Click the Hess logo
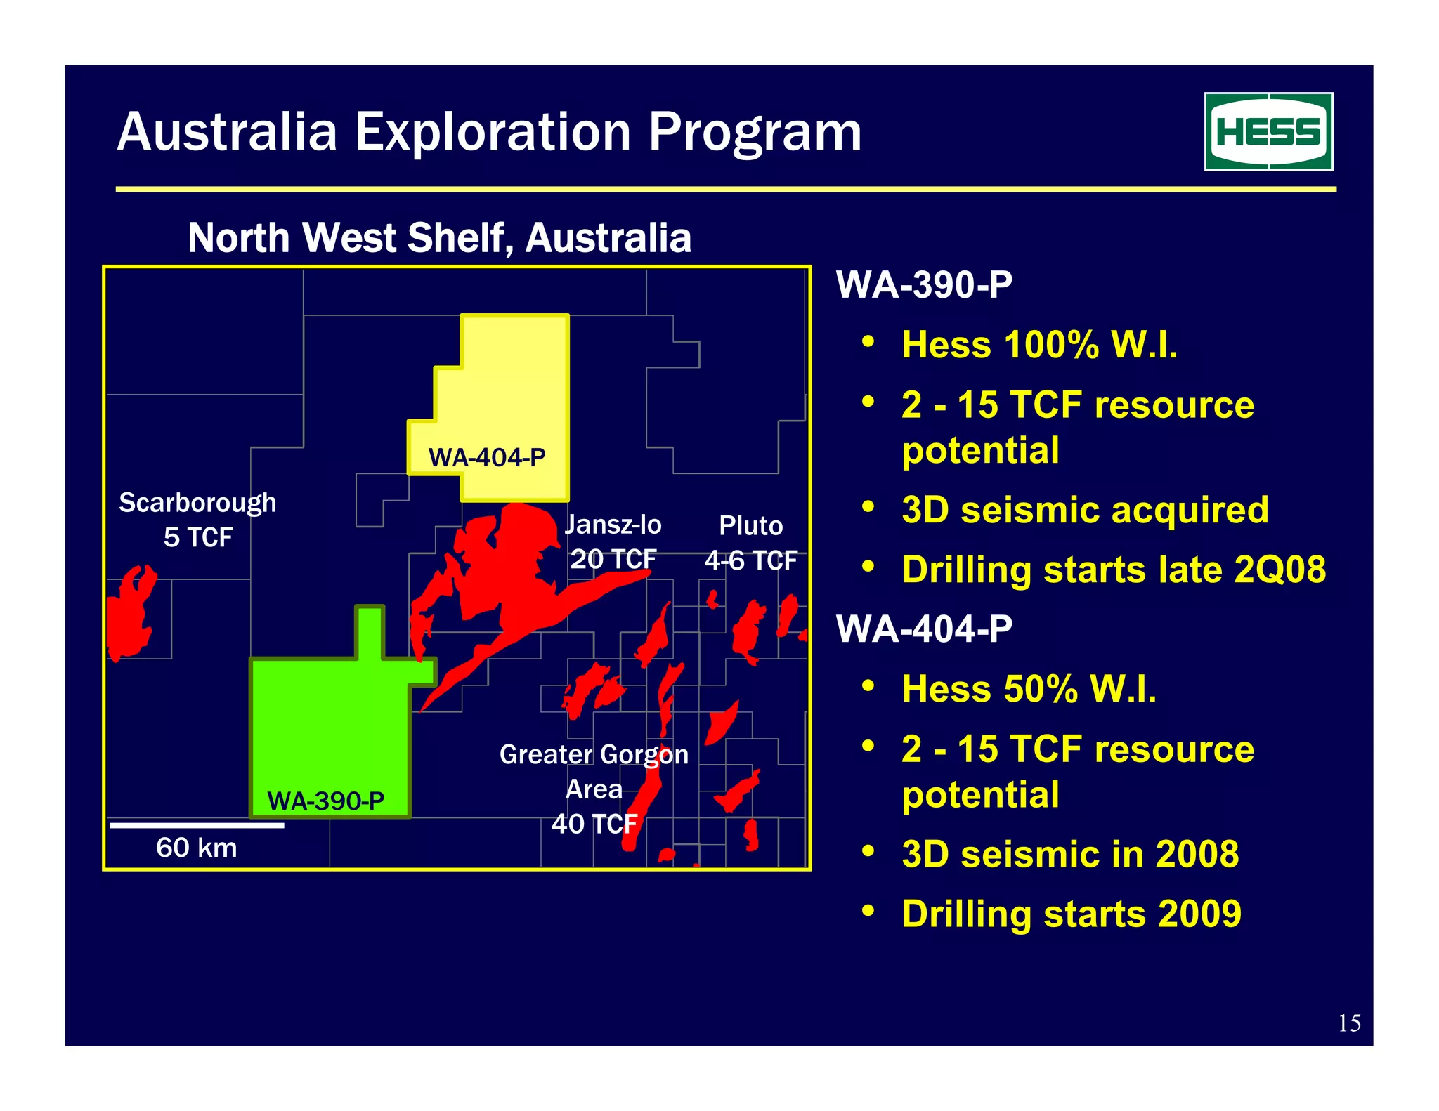click(x=1268, y=131)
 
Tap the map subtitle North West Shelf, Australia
click(x=439, y=238)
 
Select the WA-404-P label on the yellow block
click(x=487, y=458)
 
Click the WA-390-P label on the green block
click(x=326, y=801)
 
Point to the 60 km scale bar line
click(x=197, y=825)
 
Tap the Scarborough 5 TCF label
click(x=197, y=520)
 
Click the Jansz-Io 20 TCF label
click(x=613, y=541)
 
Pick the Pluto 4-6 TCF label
click(x=750, y=543)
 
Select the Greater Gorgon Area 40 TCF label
click(x=594, y=789)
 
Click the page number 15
click(x=1349, y=1023)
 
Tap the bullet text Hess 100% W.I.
click(x=1039, y=345)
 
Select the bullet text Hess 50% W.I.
click(x=1029, y=689)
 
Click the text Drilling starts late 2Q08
click(x=1114, y=570)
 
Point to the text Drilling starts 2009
click(x=1072, y=914)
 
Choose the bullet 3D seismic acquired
click(x=1085, y=510)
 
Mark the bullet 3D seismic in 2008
click(x=1070, y=854)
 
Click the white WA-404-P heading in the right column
click(x=924, y=629)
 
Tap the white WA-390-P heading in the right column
click(x=924, y=285)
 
